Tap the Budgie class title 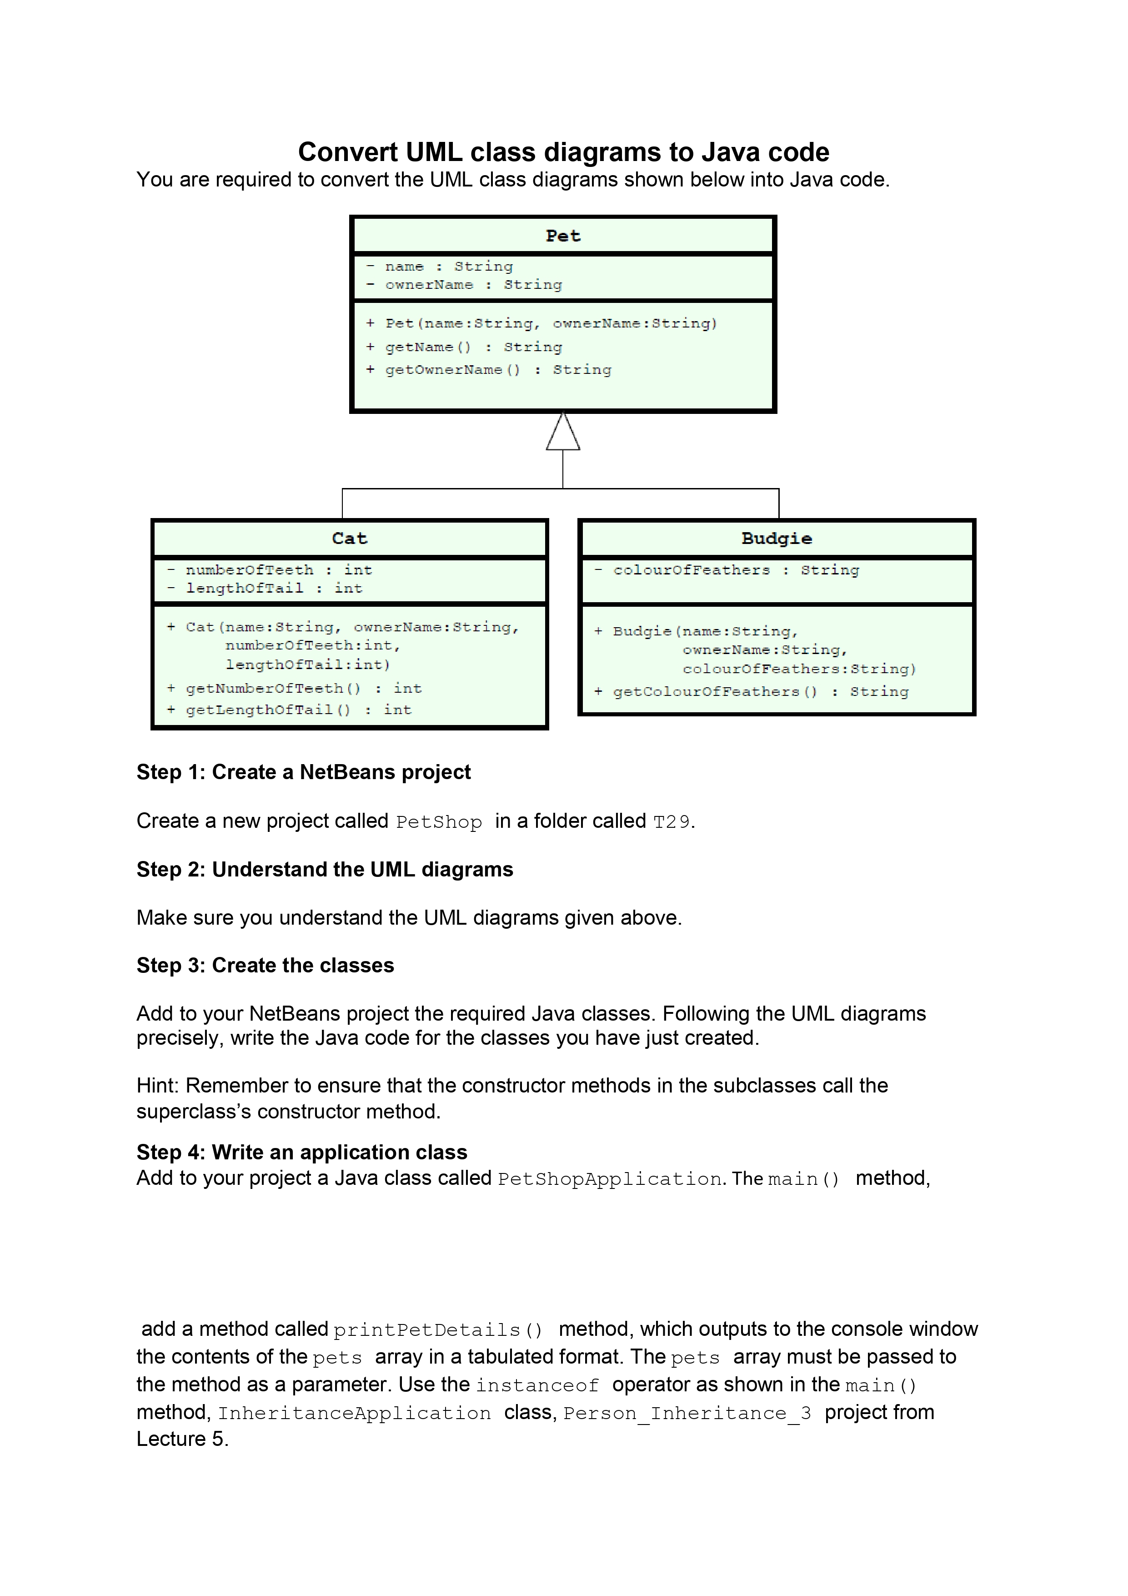(x=777, y=539)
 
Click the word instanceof (x=536, y=1385)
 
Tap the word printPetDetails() (x=437, y=1330)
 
